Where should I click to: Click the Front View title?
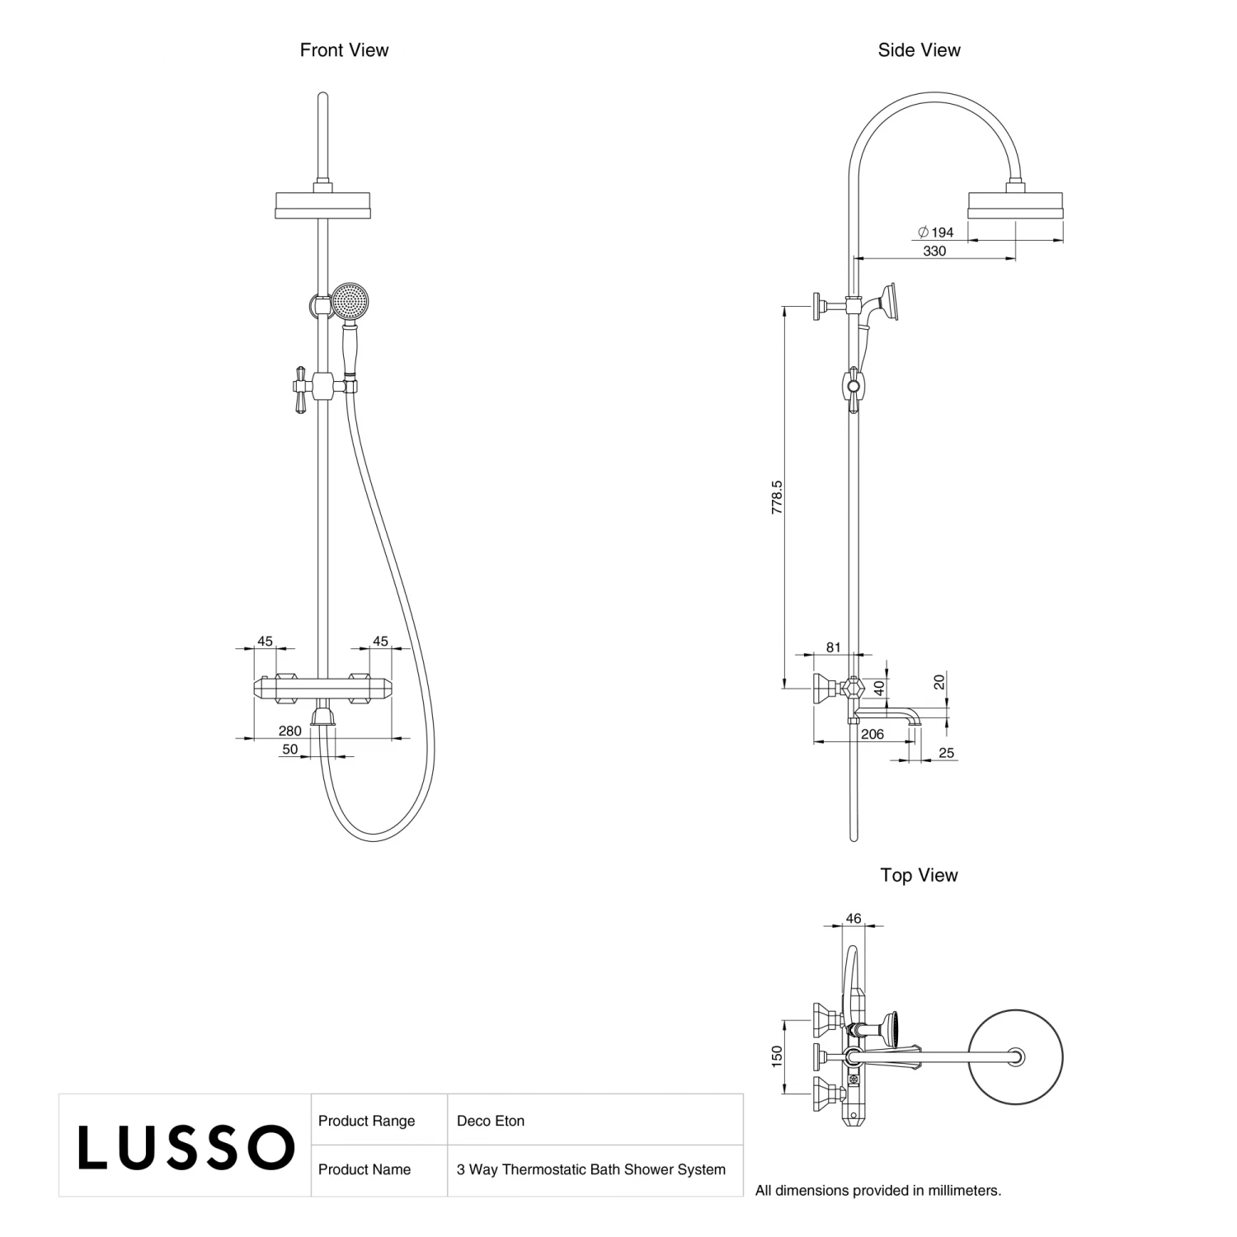(x=344, y=50)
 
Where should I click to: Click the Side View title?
(x=919, y=50)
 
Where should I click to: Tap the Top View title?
(x=919, y=875)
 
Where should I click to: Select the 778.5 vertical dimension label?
(x=777, y=497)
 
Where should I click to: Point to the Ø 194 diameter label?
(x=936, y=233)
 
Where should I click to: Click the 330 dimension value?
(x=934, y=252)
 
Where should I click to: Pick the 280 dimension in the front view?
(x=289, y=731)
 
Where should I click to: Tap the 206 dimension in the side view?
(x=872, y=734)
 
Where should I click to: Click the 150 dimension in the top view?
(x=777, y=1057)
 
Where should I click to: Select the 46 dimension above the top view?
(x=854, y=919)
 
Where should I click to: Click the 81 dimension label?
(x=833, y=647)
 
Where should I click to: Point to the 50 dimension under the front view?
(x=290, y=750)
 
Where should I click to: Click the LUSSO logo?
(x=186, y=1146)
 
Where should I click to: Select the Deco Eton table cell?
(x=492, y=1121)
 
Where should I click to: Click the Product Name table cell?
(x=365, y=1169)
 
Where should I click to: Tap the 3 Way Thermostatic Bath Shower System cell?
(x=591, y=1169)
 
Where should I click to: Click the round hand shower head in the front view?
(x=351, y=301)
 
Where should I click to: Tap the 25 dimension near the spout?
(x=946, y=753)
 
